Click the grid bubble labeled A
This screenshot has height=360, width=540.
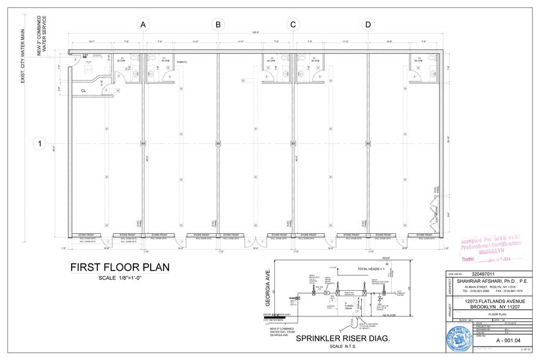click(143, 24)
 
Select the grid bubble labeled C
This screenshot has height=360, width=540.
click(293, 24)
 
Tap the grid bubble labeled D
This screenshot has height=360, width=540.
click(368, 24)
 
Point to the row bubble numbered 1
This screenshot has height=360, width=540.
click(39, 144)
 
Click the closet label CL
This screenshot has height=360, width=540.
click(83, 91)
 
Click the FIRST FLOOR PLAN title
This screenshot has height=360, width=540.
click(119, 268)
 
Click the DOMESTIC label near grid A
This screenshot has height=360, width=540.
click(182, 62)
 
